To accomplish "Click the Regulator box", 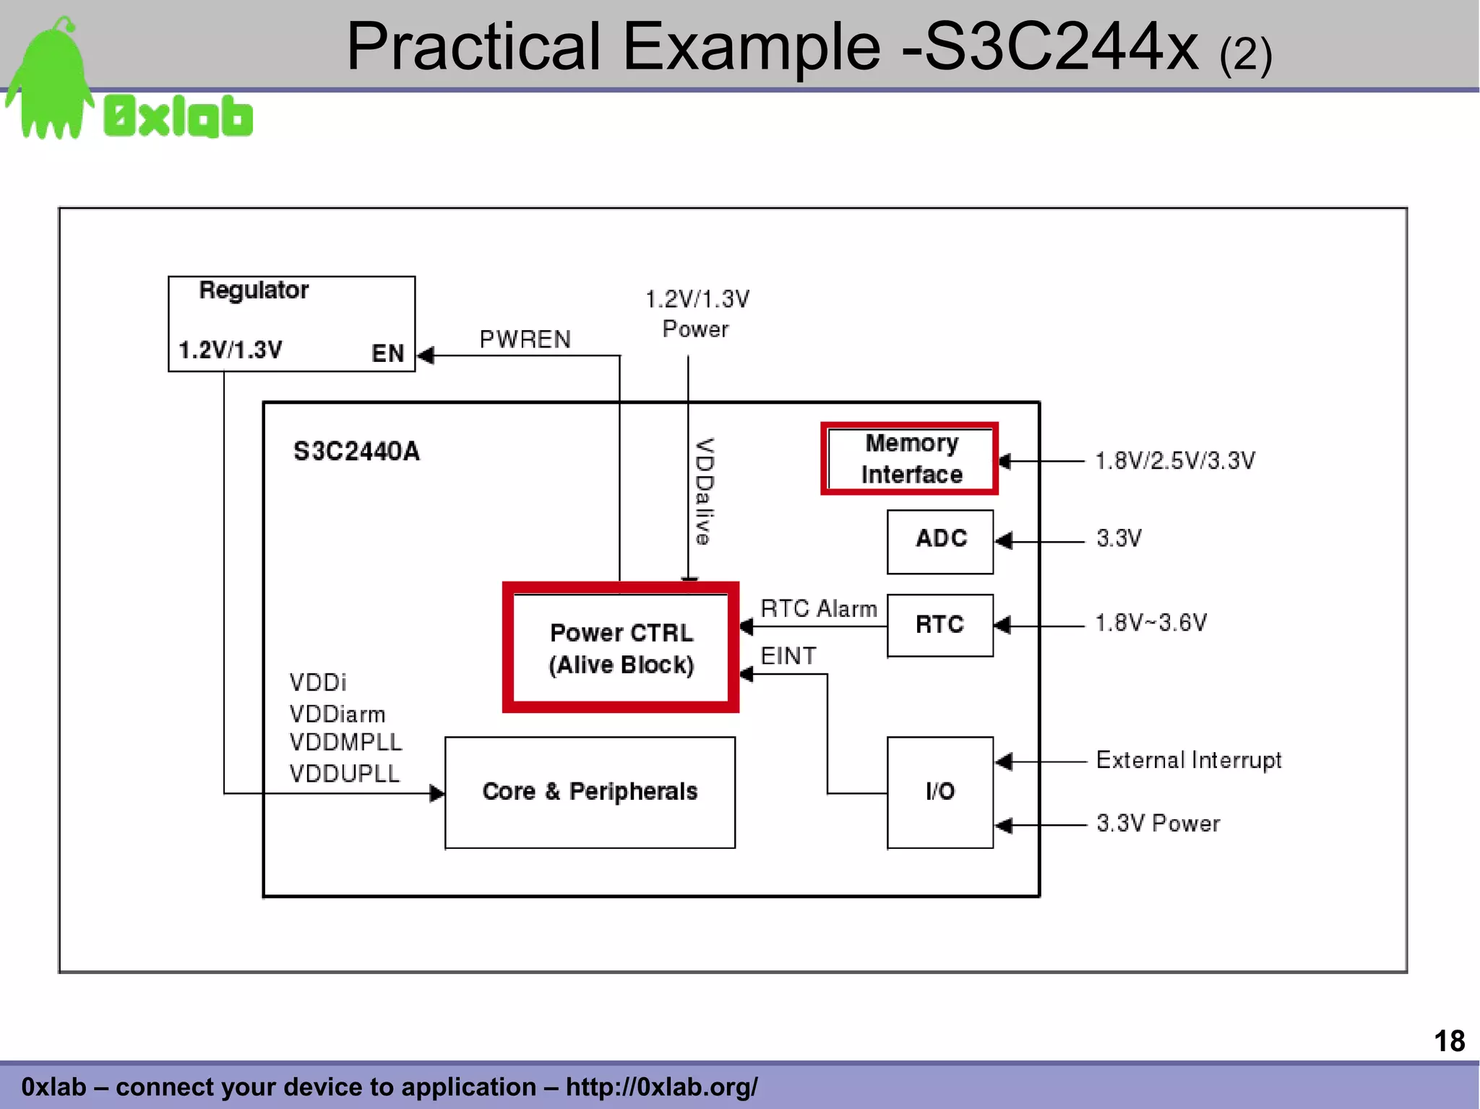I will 291,323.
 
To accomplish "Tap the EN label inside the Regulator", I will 387,353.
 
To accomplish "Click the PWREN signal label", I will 525,339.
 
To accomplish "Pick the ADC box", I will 940,541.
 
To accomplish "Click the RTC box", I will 939,625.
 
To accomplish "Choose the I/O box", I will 939,792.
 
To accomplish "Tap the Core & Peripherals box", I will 590,792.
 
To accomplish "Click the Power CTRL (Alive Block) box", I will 621,648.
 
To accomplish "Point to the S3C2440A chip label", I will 356,452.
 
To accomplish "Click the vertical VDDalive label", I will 704,491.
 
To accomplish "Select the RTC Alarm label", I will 819,608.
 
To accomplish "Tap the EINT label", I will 788,656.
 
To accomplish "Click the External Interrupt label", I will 1189,760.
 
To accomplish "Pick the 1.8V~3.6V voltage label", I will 1151,623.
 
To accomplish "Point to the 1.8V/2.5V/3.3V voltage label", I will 1175,461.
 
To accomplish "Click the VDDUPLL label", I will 345,774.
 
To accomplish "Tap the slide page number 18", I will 1449,1041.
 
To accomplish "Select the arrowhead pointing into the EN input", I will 426,355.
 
